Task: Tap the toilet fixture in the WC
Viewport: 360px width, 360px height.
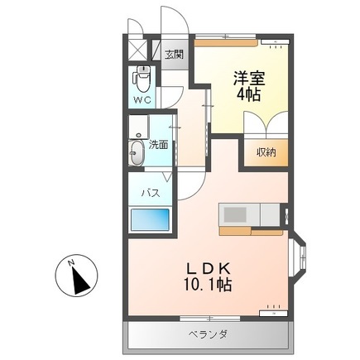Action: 142,79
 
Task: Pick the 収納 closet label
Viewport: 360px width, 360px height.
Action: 265,151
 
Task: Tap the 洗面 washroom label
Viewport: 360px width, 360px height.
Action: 159,144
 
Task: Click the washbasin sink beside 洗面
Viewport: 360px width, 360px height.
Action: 137,152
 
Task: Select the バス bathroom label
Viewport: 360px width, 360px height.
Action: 149,192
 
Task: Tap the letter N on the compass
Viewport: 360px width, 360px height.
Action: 72,264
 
